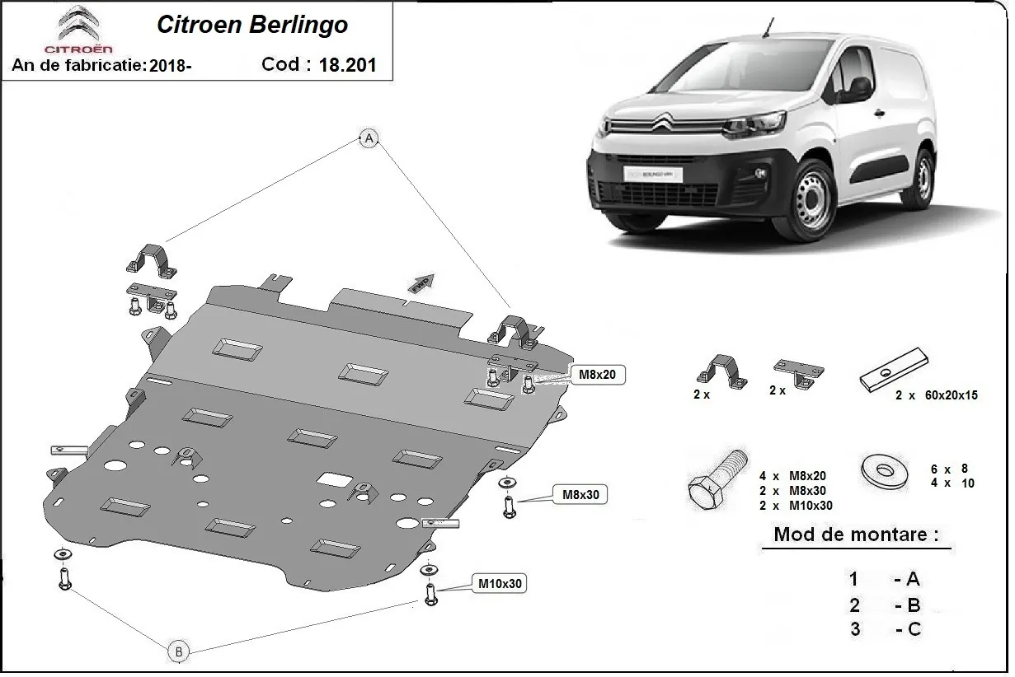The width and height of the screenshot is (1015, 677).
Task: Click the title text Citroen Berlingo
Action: tap(252, 25)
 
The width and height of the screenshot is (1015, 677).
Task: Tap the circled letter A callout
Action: tap(369, 138)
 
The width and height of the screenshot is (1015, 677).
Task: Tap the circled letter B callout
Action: tap(178, 651)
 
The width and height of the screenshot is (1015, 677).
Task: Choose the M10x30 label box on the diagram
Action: tap(500, 584)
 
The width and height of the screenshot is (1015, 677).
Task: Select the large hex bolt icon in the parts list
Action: tap(717, 480)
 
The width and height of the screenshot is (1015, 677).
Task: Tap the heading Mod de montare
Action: tap(856, 535)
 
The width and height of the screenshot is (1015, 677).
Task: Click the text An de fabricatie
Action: tap(79, 66)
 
